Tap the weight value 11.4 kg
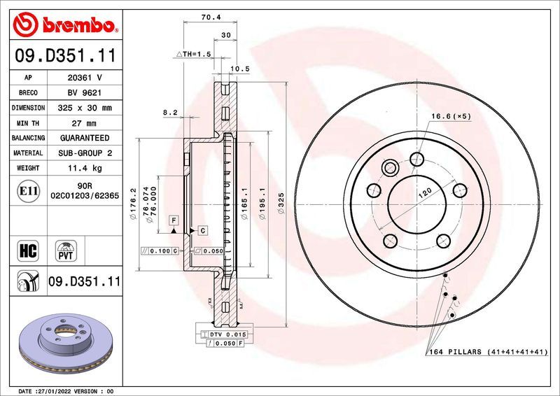click(x=85, y=168)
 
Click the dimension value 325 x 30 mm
click(x=85, y=108)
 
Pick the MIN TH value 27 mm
click(x=85, y=123)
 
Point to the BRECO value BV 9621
click(x=85, y=93)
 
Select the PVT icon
click(x=67, y=250)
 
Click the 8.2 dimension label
click(x=170, y=112)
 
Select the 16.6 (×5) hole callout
click(x=451, y=115)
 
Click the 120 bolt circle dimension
click(x=423, y=194)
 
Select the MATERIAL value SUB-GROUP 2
click(x=85, y=153)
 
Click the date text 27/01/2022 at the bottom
click(x=59, y=390)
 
